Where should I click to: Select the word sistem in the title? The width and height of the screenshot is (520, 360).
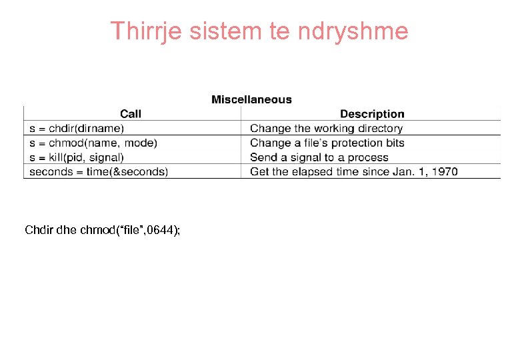pyautogui.click(x=220, y=31)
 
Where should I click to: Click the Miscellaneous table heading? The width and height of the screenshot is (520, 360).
pyautogui.click(x=251, y=99)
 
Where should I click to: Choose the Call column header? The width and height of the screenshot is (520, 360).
pyautogui.click(x=131, y=114)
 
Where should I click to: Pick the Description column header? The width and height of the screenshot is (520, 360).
pyautogui.click(x=372, y=114)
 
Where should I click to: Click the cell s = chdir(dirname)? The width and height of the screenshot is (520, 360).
pyautogui.click(x=77, y=128)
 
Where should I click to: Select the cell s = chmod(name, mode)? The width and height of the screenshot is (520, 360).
pyautogui.click(x=93, y=143)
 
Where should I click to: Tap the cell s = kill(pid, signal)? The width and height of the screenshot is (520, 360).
pyautogui.click(x=77, y=157)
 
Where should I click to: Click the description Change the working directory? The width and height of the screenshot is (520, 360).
pyautogui.click(x=326, y=128)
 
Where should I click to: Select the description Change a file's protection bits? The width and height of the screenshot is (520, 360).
pyautogui.click(x=327, y=143)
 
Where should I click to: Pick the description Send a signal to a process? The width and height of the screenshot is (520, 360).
pyautogui.click(x=319, y=157)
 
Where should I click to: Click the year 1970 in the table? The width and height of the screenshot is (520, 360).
pyautogui.click(x=444, y=171)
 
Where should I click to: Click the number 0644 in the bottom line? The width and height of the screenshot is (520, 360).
pyautogui.click(x=159, y=230)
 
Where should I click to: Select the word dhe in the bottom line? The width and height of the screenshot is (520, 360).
pyautogui.click(x=67, y=230)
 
